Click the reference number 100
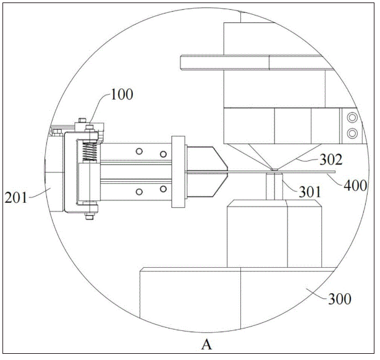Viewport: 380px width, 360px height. coord(122,95)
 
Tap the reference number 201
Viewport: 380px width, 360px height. coord(15,198)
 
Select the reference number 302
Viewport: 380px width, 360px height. coord(331,160)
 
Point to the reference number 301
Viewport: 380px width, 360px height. coord(310,192)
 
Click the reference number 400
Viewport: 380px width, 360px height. coord(355,186)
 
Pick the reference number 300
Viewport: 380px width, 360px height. coord(340,299)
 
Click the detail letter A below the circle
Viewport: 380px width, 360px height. coord(206,345)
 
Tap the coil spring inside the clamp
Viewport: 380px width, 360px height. coord(90,152)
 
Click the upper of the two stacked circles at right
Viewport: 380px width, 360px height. coord(352,118)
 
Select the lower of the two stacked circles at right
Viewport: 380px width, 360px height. coord(352,133)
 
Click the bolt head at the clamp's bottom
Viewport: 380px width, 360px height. coord(90,216)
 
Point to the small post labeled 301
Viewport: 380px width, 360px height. coord(274,186)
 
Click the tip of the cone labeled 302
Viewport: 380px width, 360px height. coord(274,169)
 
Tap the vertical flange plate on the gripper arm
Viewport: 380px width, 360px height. coord(178,172)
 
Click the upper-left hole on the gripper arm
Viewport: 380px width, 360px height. coord(139,152)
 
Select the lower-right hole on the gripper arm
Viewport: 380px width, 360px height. coord(163,189)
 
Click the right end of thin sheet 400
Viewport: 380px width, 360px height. coord(335,172)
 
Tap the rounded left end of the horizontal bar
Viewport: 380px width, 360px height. coord(181,62)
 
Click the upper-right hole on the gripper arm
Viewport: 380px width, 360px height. coord(163,154)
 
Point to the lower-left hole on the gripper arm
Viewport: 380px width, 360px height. coord(139,192)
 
